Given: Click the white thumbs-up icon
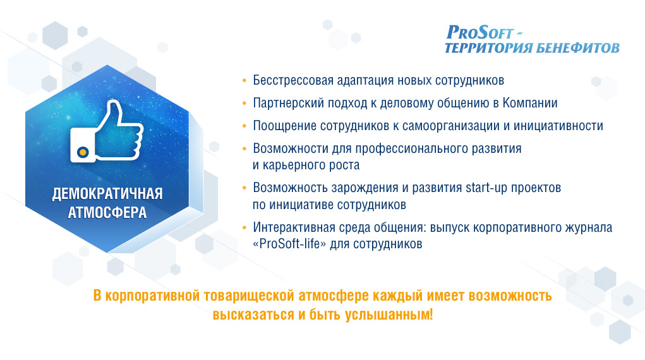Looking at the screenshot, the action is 107,131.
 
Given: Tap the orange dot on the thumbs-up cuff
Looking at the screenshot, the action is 83,152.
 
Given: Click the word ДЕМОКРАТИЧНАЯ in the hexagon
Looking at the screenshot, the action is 107,194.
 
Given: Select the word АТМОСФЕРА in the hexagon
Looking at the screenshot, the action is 107,213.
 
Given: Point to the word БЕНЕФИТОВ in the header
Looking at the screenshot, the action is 578,48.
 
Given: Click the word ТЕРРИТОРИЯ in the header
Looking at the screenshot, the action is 488,48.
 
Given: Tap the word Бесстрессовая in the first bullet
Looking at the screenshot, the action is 293,80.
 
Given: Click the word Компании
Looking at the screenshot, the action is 530,103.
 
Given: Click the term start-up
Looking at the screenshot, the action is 486,188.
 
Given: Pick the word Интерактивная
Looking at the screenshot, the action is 294,227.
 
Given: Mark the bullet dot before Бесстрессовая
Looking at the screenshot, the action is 244,80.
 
